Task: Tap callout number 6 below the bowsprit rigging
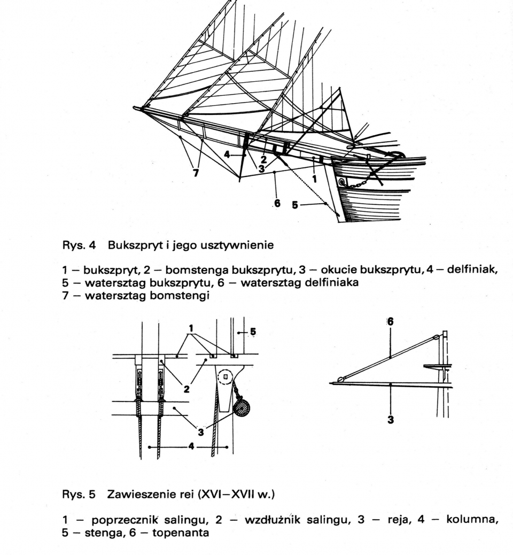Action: pyautogui.click(x=277, y=204)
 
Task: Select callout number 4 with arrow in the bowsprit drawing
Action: pyautogui.click(x=227, y=155)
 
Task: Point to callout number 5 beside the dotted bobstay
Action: pyautogui.click(x=295, y=204)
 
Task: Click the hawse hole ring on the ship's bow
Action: pyautogui.click(x=343, y=182)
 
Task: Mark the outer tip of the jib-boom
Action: pyautogui.click(x=136, y=109)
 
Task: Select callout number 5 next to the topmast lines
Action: pyautogui.click(x=253, y=331)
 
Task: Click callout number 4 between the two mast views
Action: pyautogui.click(x=190, y=446)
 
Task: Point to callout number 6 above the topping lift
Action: pyautogui.click(x=391, y=321)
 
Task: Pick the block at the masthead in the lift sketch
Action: pyautogui.click(x=437, y=337)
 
